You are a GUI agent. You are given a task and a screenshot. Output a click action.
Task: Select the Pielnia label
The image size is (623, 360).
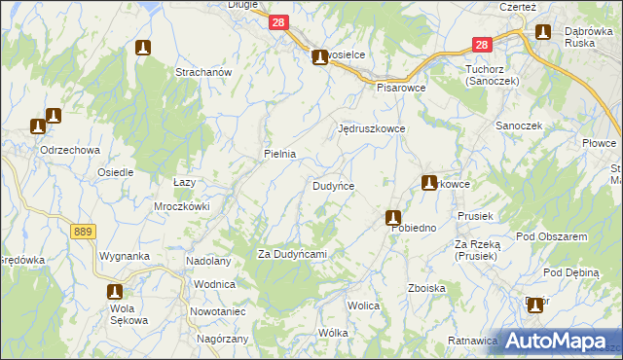pyautogui.click(x=279, y=154)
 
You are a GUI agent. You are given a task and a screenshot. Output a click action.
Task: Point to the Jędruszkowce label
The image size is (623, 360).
pyautogui.click(x=370, y=128)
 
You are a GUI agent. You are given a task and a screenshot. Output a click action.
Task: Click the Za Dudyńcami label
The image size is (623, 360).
pyautogui.click(x=291, y=254)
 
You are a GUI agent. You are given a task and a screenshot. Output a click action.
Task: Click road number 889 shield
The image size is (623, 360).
pyautogui.click(x=83, y=231)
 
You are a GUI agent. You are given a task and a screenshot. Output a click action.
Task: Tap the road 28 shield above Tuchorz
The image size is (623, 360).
pyautogui.click(x=481, y=44)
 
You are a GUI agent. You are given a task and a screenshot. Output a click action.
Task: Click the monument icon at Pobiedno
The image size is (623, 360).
pyautogui.click(x=393, y=218)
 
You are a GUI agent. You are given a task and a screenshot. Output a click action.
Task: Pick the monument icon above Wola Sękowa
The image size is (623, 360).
pyautogui.click(x=115, y=291)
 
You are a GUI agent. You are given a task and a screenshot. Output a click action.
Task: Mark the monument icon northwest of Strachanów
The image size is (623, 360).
pyautogui.click(x=143, y=48)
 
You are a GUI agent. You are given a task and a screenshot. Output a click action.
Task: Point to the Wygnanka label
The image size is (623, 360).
pyautogui.click(x=123, y=256)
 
